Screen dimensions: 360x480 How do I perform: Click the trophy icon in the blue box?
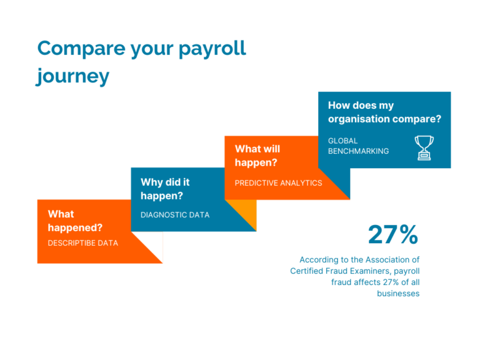click(x=424, y=147)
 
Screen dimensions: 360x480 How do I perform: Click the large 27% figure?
click(x=392, y=234)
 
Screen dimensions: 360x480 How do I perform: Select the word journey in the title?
click(x=72, y=76)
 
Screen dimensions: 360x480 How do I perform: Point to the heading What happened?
click(x=75, y=221)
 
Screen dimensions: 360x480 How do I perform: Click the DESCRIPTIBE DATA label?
click(x=82, y=242)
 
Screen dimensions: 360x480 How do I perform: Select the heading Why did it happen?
click(x=165, y=189)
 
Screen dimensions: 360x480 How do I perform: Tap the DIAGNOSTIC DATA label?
click(x=175, y=215)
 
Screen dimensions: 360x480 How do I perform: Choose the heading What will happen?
click(x=257, y=156)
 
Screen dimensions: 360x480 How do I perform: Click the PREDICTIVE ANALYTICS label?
click(x=278, y=183)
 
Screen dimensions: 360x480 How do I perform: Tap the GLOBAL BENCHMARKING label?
click(x=358, y=146)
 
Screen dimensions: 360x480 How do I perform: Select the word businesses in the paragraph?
click(x=398, y=293)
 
